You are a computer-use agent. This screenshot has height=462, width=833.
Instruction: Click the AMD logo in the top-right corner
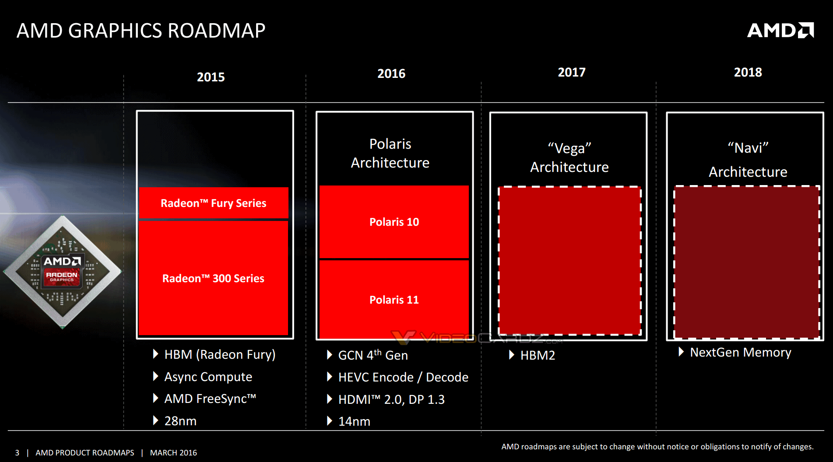(x=780, y=30)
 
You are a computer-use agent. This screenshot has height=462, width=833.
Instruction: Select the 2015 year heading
(x=211, y=77)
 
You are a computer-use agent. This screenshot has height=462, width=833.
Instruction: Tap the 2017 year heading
(x=571, y=72)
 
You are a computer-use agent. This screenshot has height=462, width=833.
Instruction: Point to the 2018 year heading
(x=748, y=72)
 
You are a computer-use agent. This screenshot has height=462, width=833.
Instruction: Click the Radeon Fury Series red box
(x=214, y=203)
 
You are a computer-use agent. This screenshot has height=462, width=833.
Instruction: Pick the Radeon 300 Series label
(x=213, y=278)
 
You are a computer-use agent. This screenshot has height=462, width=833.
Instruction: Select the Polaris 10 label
(x=394, y=222)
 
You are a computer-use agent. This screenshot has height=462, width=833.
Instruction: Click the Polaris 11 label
(x=394, y=300)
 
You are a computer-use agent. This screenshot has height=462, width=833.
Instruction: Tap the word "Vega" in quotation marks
(x=569, y=148)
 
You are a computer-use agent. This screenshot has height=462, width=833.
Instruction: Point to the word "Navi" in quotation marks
(x=748, y=148)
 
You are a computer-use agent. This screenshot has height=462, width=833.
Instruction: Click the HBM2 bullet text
(x=538, y=355)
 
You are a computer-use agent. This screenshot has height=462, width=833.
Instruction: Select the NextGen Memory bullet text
(x=740, y=352)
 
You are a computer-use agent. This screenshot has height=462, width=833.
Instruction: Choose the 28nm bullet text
(x=180, y=421)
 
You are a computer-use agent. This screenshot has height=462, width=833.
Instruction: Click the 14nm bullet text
(x=354, y=421)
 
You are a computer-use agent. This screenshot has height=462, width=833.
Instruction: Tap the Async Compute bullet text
(x=208, y=377)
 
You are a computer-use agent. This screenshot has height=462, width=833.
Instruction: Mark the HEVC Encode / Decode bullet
(x=403, y=377)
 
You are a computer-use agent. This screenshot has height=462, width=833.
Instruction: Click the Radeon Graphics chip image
(x=62, y=272)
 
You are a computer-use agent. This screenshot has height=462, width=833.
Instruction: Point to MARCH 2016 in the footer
(x=173, y=453)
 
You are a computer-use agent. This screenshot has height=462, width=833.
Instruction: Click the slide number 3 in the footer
(x=17, y=453)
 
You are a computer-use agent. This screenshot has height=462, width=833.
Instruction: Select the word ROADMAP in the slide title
(x=216, y=31)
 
